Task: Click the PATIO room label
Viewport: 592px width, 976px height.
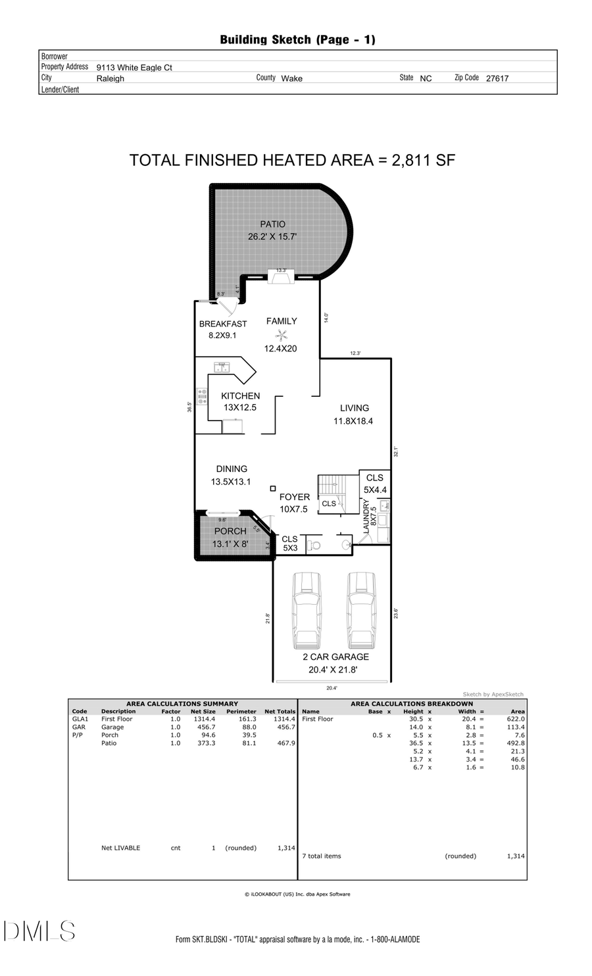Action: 272,224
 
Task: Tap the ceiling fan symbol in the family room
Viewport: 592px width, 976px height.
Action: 282,335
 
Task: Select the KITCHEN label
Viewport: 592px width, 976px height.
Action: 240,396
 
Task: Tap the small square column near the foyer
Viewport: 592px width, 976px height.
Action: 273,488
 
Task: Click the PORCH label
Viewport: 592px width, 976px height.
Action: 230,531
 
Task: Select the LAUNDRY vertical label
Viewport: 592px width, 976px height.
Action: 367,516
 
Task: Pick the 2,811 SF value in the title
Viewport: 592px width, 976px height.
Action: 423,160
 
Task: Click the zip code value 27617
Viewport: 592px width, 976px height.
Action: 497,78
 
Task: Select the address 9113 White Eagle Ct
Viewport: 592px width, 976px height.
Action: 134,67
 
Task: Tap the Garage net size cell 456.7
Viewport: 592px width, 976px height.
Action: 204,727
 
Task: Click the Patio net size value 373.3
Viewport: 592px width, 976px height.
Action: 204,743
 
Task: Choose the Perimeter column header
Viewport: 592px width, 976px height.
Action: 241,711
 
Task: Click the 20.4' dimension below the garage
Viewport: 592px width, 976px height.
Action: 332,688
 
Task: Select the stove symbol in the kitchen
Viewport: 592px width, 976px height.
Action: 202,396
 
